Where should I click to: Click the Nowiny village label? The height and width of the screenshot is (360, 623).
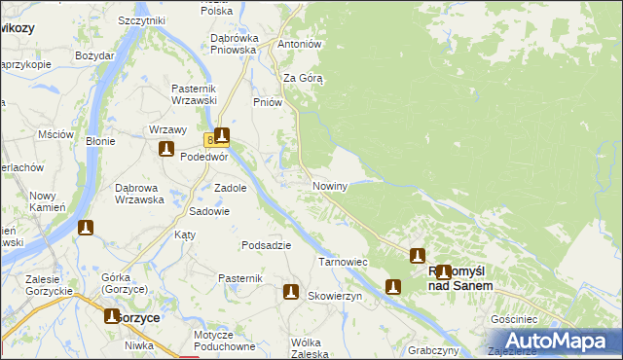(x=329, y=185)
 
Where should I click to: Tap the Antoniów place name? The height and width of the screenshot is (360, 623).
(x=300, y=45)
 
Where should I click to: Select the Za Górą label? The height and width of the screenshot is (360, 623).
(x=303, y=78)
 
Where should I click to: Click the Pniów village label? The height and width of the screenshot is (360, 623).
(x=267, y=102)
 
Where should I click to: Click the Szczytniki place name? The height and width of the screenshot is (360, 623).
(x=141, y=20)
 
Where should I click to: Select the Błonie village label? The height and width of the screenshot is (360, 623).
(x=100, y=141)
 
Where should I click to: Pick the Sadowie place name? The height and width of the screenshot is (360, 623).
(x=209, y=211)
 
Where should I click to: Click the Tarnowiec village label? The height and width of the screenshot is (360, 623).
(x=343, y=262)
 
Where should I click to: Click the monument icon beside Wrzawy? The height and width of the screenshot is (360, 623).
(x=166, y=149)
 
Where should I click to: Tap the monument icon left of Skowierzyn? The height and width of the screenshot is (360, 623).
(x=290, y=291)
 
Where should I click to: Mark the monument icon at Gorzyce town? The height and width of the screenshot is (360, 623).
(x=112, y=316)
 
